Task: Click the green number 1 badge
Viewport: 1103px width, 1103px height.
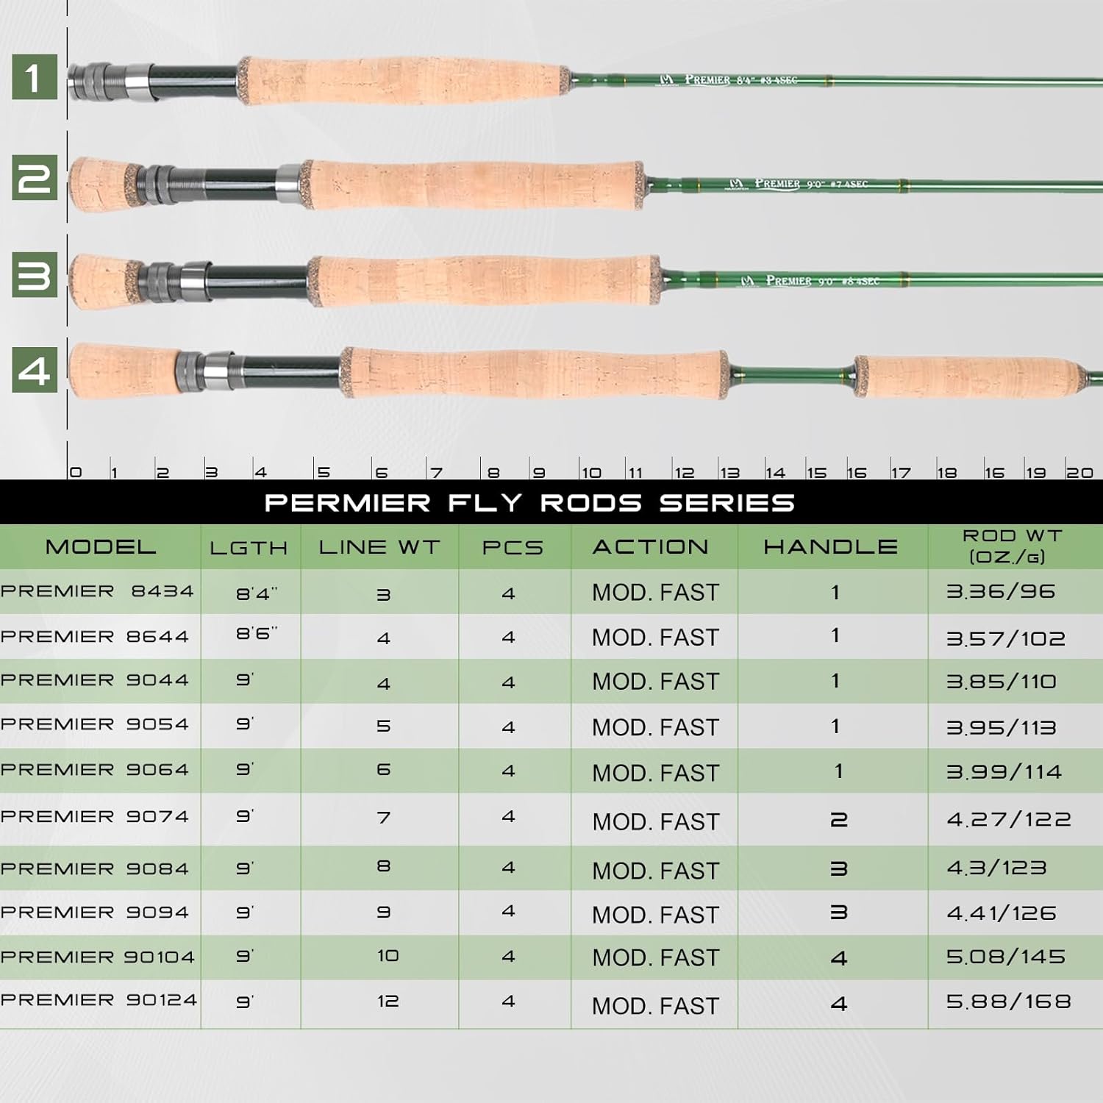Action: click(x=34, y=76)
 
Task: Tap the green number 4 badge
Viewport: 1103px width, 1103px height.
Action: click(x=34, y=370)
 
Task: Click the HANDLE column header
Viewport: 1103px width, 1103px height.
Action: click(x=830, y=546)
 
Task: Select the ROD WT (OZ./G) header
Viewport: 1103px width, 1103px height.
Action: click(x=1011, y=546)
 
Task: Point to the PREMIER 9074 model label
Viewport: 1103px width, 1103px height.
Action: click(x=95, y=816)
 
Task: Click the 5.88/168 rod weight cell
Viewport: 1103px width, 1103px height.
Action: click(x=1008, y=1001)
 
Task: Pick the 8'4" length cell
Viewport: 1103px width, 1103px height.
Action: click(x=257, y=593)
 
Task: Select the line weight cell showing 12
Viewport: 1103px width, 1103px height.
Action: click(x=388, y=1001)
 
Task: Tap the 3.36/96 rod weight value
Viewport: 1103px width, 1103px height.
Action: click(x=1000, y=591)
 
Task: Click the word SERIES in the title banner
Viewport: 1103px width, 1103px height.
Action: click(x=727, y=503)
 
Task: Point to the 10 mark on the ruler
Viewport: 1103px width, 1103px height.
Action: click(x=591, y=473)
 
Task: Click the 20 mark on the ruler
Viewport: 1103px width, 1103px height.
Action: click(x=1079, y=473)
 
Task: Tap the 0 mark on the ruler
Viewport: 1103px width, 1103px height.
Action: click(x=75, y=473)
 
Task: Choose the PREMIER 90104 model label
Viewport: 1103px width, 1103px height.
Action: click(x=98, y=957)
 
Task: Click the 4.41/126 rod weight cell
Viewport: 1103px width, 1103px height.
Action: click(x=1001, y=913)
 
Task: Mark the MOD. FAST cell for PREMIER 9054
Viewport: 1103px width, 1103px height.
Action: click(x=655, y=727)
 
